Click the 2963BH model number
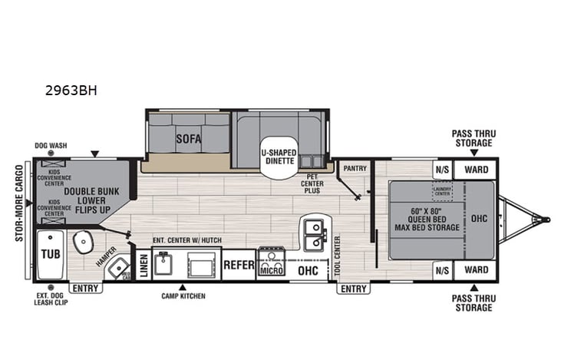(71, 90)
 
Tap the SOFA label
(188, 139)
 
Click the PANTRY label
(355, 167)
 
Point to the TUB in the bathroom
(51, 254)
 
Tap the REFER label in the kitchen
(239, 266)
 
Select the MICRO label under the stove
(270, 269)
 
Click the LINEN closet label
(143, 264)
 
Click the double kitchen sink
(315, 235)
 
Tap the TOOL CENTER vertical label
(338, 256)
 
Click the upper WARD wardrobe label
(476, 169)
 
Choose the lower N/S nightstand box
(442, 270)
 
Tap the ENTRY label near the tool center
(353, 289)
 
